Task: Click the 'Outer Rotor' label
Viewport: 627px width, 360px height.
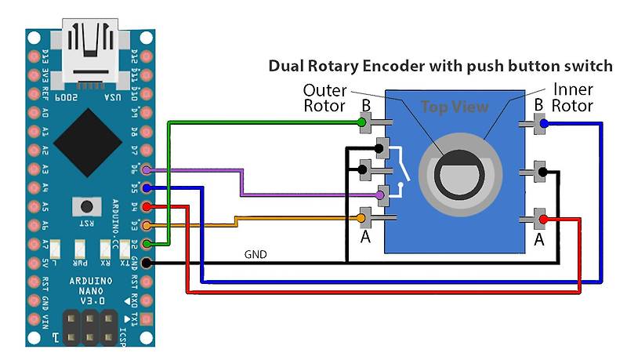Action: pyautogui.click(x=324, y=97)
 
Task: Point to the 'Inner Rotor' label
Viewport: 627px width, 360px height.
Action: pyautogui.click(x=572, y=97)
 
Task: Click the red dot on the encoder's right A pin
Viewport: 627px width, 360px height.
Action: pyautogui.click(x=544, y=220)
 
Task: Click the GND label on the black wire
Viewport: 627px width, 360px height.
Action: pyautogui.click(x=256, y=254)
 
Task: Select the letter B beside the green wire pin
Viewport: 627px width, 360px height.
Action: pyautogui.click(x=365, y=106)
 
